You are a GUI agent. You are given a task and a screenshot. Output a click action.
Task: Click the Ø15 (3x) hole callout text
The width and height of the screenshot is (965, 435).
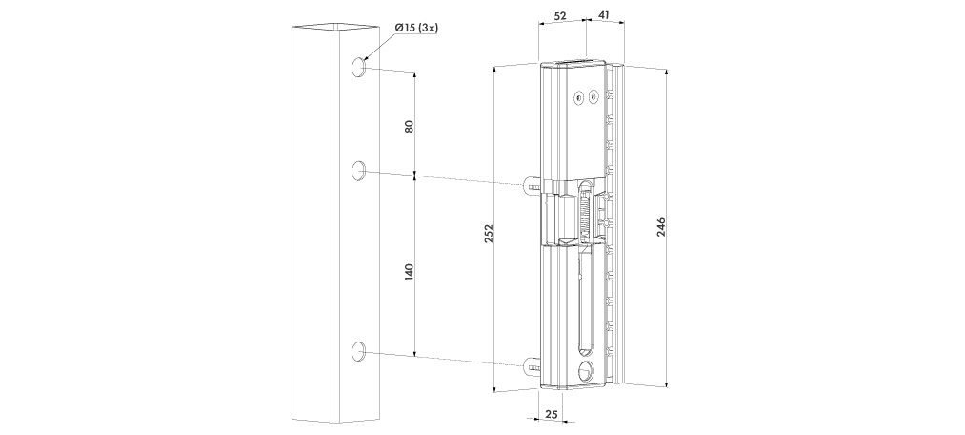coord(416,28)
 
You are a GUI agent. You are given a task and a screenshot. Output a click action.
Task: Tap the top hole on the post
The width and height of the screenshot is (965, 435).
coord(358,67)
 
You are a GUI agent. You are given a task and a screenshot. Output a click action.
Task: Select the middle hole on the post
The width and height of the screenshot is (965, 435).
coord(358,170)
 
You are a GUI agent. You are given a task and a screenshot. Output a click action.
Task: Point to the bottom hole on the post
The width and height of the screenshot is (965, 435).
coord(358,351)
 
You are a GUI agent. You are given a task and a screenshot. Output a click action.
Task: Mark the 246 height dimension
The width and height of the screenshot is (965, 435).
coord(661,229)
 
